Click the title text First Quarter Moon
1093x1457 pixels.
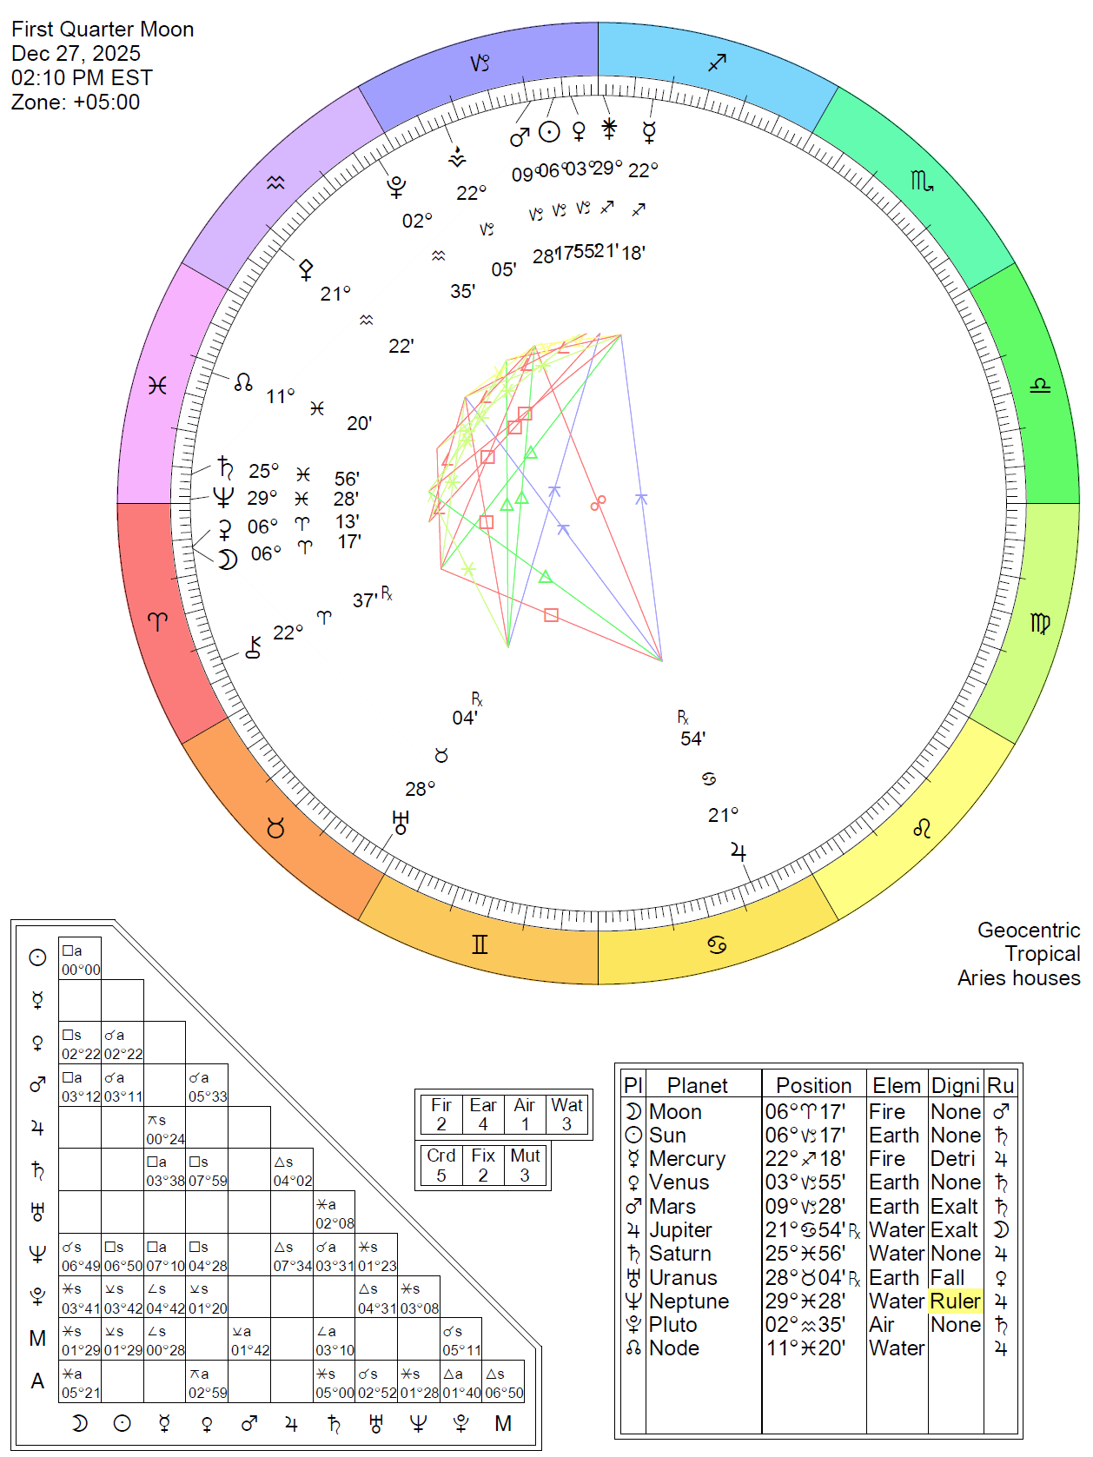(x=103, y=30)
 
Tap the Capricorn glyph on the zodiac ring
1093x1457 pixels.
(x=480, y=63)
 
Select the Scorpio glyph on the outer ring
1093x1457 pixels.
(x=922, y=181)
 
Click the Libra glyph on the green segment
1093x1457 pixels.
(x=1040, y=385)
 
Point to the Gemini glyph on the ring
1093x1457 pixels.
(x=480, y=944)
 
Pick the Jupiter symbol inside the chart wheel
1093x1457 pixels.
(x=739, y=851)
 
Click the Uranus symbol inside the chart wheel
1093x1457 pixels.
(x=401, y=822)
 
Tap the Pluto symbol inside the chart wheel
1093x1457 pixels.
(x=396, y=186)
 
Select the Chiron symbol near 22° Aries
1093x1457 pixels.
(x=254, y=646)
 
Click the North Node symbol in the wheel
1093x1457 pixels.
(x=243, y=381)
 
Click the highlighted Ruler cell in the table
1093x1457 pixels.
(x=955, y=1301)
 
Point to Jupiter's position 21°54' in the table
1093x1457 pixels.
(x=805, y=1230)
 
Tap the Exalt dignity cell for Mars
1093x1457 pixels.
(x=955, y=1207)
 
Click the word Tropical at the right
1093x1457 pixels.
(x=1042, y=954)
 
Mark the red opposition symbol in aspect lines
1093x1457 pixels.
(x=598, y=502)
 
